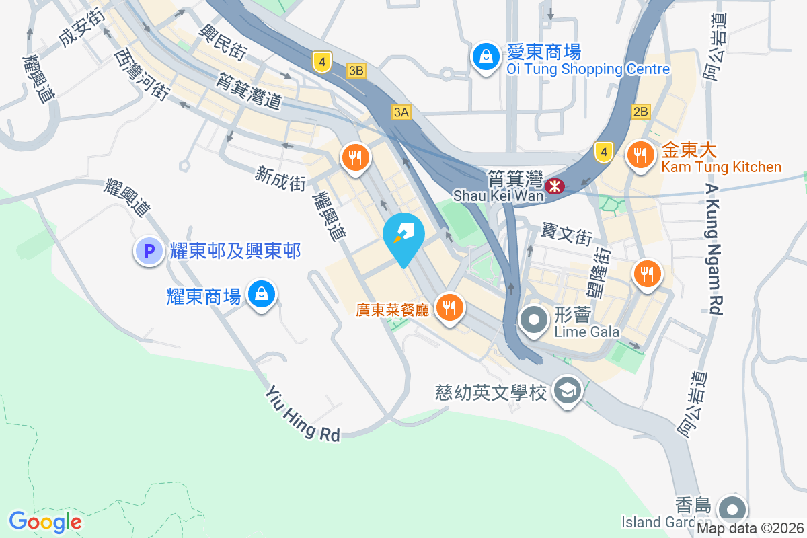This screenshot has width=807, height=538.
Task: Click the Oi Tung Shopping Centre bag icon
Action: [485, 56]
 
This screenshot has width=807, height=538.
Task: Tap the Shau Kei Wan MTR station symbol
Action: [555, 186]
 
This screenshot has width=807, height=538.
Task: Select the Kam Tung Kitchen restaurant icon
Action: [638, 156]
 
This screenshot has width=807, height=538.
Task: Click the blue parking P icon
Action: [149, 252]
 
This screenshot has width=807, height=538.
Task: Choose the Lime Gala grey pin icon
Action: [535, 321]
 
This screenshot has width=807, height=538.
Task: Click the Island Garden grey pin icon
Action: [730, 508]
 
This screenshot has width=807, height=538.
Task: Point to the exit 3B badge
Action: [356, 70]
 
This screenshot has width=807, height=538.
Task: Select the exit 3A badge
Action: [401, 112]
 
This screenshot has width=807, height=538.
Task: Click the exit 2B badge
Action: [641, 112]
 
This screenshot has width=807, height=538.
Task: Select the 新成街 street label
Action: [280, 178]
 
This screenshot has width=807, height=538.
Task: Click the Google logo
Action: [45, 522]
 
